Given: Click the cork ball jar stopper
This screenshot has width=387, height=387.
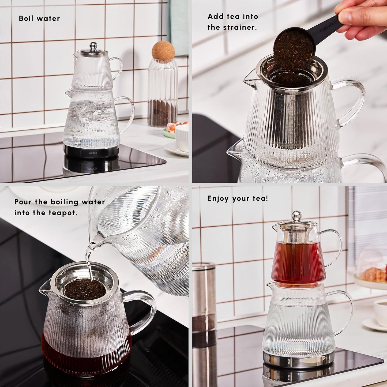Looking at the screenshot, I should click(x=163, y=50).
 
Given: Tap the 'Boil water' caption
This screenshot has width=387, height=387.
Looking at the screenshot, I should click(x=39, y=18).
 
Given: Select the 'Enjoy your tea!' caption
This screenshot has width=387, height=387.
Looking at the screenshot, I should click(x=238, y=198).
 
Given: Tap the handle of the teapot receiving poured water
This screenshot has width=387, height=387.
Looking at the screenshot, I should click(x=146, y=311).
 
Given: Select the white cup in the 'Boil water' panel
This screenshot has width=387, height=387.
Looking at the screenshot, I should click(x=182, y=138).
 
